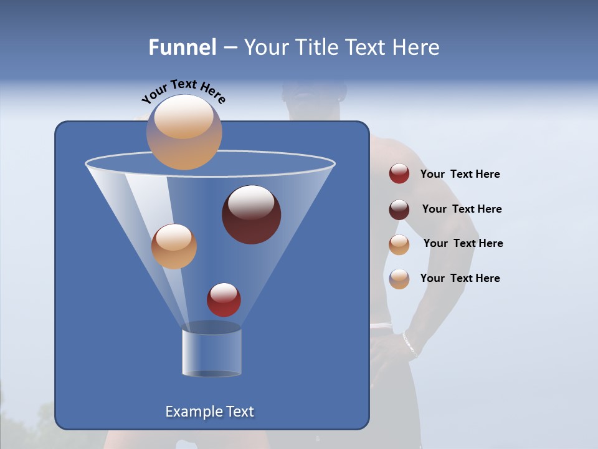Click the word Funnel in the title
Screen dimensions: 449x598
(x=183, y=47)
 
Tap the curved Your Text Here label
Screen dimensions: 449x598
(x=184, y=91)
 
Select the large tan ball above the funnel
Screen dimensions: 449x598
(x=184, y=132)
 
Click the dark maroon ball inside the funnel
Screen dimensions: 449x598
(x=251, y=215)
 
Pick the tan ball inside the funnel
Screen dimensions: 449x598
(x=174, y=246)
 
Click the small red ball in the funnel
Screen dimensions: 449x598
(x=224, y=300)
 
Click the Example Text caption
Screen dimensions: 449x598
(x=209, y=412)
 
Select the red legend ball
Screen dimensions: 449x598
(x=399, y=174)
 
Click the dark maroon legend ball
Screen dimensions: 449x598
(x=399, y=210)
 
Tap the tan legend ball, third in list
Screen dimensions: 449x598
(x=399, y=244)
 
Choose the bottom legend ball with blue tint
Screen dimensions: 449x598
(x=399, y=279)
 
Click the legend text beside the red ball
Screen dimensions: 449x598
(x=460, y=175)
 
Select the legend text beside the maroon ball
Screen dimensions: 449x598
(x=462, y=210)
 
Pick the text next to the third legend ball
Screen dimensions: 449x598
(x=463, y=244)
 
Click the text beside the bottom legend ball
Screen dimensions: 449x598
(x=460, y=278)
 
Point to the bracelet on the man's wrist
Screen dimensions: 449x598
(x=410, y=344)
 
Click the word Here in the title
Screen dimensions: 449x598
(x=417, y=47)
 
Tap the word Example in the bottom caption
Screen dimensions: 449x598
(x=190, y=412)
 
